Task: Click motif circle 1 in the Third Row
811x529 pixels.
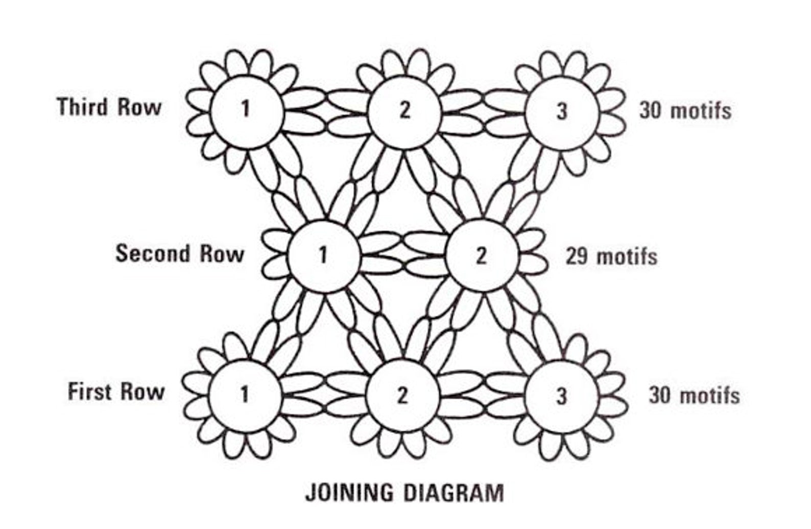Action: coord(247,110)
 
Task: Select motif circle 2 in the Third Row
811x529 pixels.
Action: coord(404,110)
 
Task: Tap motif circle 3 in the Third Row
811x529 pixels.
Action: coord(562,110)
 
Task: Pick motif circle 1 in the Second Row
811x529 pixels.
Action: coord(323,255)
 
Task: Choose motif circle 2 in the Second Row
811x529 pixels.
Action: coord(481,256)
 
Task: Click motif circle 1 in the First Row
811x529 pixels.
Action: coord(245,395)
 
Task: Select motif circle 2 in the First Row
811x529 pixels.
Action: coord(403,395)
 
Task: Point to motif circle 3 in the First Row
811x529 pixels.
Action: coord(561,396)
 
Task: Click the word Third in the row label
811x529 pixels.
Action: coord(83,107)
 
